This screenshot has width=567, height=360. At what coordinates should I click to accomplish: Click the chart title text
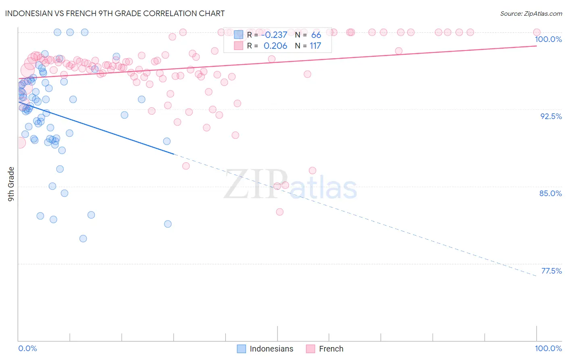click(x=115, y=13)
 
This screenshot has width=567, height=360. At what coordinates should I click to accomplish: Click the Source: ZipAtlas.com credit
click(x=531, y=13)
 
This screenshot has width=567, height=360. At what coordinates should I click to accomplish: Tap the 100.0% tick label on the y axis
click(x=548, y=39)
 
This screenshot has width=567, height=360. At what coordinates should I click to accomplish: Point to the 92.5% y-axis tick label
click(x=551, y=116)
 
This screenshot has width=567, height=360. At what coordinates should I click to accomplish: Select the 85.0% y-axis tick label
click(x=550, y=193)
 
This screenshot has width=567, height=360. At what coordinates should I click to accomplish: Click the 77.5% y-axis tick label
click(x=551, y=271)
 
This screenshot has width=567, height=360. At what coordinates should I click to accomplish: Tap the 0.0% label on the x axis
click(x=27, y=348)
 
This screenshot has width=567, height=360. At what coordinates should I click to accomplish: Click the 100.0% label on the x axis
click(x=548, y=348)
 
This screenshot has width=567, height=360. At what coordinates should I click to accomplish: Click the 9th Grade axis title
click(x=11, y=184)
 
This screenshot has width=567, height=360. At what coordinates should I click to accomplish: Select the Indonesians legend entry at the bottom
click(x=265, y=349)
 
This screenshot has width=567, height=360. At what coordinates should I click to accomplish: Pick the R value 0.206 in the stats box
click(x=275, y=46)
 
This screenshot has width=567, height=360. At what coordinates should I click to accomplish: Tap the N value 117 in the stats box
click(x=315, y=46)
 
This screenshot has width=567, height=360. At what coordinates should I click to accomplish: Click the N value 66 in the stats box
click(x=316, y=35)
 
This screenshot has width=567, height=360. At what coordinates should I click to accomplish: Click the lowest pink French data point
click(x=279, y=212)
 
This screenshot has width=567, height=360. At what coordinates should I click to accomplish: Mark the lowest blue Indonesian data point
click(x=83, y=239)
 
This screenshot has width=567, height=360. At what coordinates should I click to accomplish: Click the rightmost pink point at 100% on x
click(x=536, y=32)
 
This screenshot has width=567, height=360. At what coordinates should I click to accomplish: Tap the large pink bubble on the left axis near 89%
click(x=19, y=142)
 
